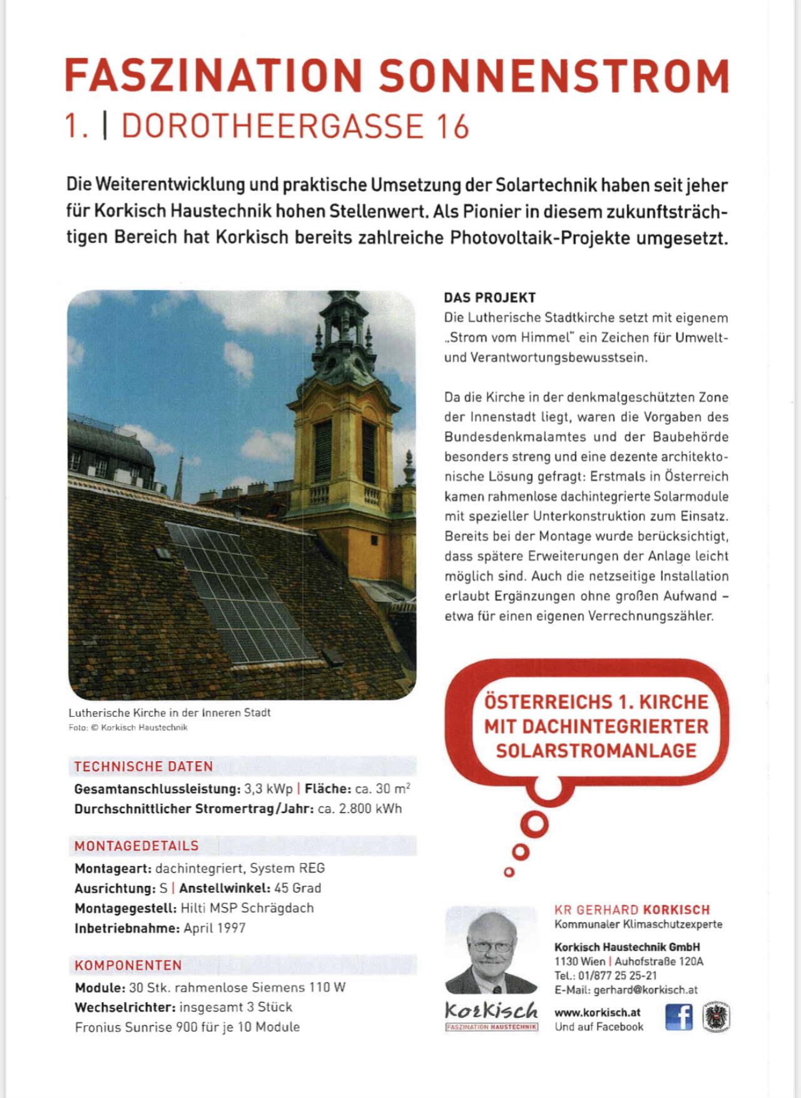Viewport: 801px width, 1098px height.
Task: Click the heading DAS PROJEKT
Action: [490, 297]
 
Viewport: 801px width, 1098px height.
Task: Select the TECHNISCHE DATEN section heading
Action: [144, 766]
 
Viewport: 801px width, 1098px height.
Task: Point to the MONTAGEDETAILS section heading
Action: [136, 846]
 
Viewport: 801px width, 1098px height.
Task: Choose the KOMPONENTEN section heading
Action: [128, 965]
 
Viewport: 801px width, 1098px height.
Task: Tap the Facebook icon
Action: [678, 1017]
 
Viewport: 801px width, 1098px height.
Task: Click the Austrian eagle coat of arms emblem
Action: [717, 1017]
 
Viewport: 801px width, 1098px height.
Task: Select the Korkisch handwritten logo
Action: [491, 1009]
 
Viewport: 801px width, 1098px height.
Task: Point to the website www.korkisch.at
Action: [598, 1012]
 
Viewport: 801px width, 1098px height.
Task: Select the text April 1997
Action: [215, 928]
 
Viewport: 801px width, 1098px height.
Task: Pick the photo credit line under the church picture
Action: [128, 727]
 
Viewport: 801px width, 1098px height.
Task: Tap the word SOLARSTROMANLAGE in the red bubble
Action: [596, 750]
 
